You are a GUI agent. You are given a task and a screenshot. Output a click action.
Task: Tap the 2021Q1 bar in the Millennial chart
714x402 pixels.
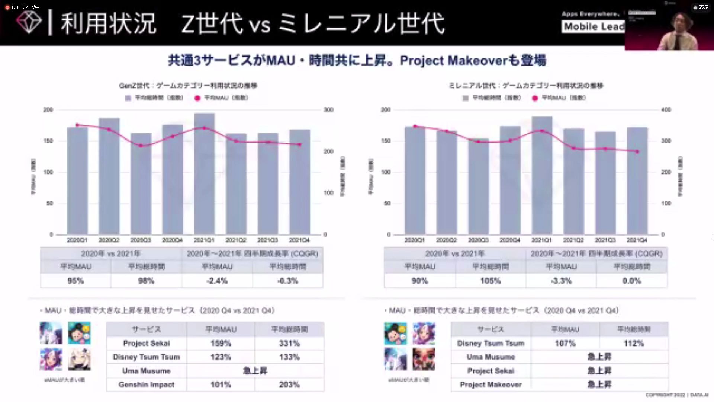[x=541, y=175]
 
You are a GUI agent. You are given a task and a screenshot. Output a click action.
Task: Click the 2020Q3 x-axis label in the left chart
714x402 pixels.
[x=141, y=240]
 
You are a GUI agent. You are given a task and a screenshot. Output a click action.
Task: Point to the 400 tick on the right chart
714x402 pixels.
[x=666, y=110]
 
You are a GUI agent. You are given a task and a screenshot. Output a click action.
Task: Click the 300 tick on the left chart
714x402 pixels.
[x=328, y=110]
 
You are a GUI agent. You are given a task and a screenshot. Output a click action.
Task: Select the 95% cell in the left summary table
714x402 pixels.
[x=75, y=281]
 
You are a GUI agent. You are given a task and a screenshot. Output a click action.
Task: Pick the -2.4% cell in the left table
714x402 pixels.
[x=217, y=281]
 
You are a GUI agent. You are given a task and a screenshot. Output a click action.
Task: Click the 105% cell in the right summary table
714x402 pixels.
[x=491, y=281]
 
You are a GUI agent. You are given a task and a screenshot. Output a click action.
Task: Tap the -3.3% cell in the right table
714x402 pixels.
[x=561, y=281]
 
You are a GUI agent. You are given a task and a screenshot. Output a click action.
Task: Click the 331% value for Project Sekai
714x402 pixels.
[x=289, y=343]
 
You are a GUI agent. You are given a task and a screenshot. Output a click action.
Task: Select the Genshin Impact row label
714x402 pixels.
[x=147, y=385]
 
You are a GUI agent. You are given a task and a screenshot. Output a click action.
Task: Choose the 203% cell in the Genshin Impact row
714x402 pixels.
[x=289, y=385]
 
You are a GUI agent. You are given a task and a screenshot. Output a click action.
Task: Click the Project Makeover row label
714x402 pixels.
[x=491, y=385]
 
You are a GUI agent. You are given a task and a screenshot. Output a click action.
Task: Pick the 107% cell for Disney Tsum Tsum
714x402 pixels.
[x=565, y=343]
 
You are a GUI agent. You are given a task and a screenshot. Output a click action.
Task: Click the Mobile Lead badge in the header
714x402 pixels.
[x=594, y=26]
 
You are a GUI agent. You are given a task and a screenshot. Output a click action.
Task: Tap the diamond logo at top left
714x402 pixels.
[x=29, y=22]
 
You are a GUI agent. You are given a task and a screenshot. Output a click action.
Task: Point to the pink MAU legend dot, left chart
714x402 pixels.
[x=197, y=98]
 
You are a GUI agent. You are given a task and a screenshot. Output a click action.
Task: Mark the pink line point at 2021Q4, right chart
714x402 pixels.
[x=637, y=151]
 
